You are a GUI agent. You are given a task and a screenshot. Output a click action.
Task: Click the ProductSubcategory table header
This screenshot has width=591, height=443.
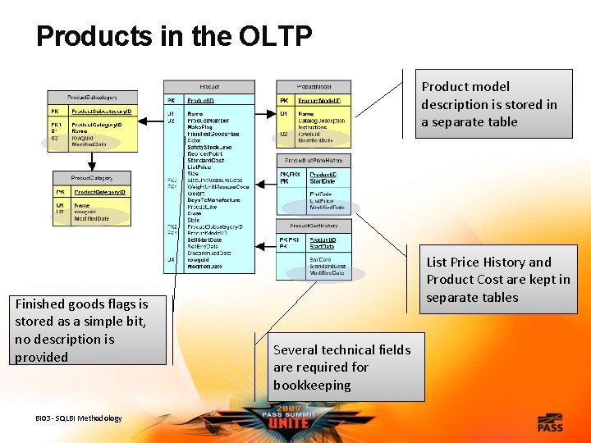(x=90, y=97)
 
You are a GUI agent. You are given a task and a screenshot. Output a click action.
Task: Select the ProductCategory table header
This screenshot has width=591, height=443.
(x=90, y=177)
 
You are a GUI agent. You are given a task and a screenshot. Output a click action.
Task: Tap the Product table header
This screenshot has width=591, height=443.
(x=209, y=86)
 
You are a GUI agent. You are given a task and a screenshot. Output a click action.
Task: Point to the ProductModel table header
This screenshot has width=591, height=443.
(x=314, y=86)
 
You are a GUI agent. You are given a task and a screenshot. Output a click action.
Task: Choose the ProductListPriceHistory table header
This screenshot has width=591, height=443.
(x=314, y=160)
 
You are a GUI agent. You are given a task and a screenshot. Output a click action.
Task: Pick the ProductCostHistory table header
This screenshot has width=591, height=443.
(x=314, y=226)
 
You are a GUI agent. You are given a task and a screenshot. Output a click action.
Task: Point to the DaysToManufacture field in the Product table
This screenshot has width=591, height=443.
(x=213, y=200)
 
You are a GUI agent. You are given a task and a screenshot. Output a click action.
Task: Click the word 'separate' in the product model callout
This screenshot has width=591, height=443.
(x=455, y=122)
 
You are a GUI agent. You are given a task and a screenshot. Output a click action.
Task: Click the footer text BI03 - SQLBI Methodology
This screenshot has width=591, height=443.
(x=79, y=418)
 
